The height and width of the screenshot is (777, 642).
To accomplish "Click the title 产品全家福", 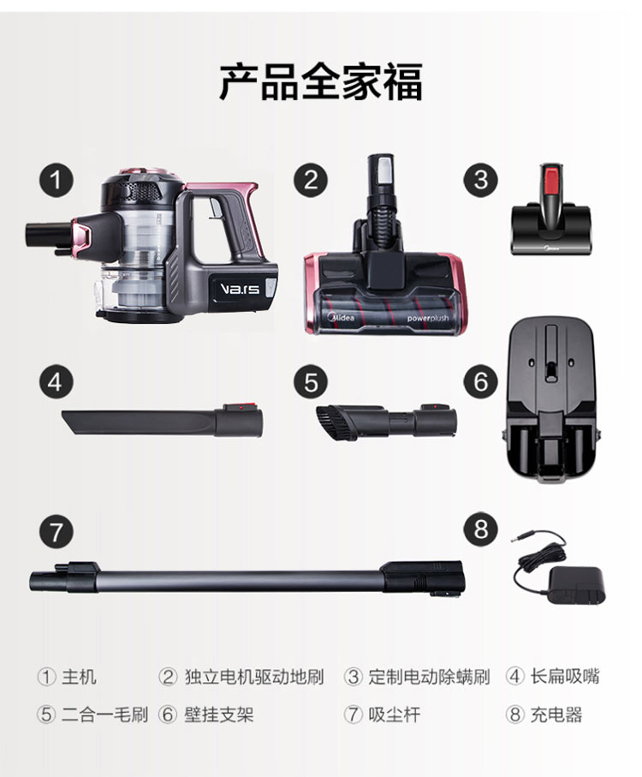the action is coord(321,81).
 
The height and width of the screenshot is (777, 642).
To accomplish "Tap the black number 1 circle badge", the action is coord(56,180).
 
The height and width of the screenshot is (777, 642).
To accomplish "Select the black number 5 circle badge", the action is coord(311,382).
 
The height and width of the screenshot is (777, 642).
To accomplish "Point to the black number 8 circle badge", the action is coord(480,529).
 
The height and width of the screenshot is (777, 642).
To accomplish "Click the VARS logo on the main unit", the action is coord(240,289).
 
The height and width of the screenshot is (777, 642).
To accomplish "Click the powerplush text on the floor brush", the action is coord(428,318).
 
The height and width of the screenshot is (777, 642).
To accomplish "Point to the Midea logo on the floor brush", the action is coord(342,316).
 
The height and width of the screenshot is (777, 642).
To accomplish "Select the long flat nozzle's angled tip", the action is coord(69,421).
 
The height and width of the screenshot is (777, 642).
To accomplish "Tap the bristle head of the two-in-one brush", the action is coord(328,421).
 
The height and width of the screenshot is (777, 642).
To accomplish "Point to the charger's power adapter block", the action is coord(577,586).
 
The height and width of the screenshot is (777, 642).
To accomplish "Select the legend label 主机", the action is coord(79,677).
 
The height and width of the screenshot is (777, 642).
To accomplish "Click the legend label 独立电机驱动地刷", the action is coord(254,677).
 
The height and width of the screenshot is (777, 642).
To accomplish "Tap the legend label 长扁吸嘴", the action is coord(565,677).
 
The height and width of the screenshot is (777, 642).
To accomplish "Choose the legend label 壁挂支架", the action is coord(219,714).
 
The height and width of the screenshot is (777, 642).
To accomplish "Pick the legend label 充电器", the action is coord(556,714).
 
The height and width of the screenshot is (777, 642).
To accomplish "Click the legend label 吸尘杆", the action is coord(394,714).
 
